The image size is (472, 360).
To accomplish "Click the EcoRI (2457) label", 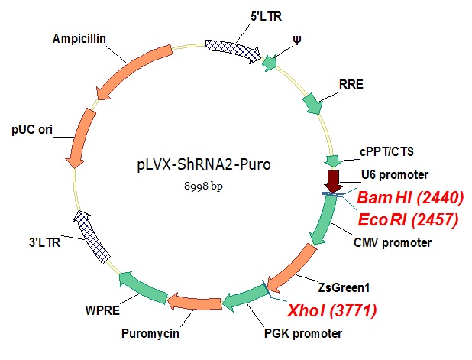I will click(x=409, y=222).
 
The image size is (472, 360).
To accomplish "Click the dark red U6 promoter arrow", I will click(x=333, y=182).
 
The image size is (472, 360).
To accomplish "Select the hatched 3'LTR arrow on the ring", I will click(x=89, y=236).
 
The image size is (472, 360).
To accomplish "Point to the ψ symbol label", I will click(x=297, y=39).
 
